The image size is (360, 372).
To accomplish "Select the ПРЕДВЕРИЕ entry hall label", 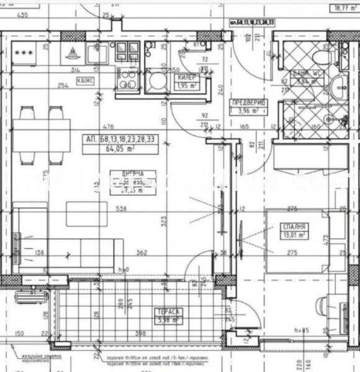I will (248, 103).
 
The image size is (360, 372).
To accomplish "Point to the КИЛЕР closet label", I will (187, 77).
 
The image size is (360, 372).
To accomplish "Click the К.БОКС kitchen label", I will (85, 80).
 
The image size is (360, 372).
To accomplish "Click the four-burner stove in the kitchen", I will (125, 53).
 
